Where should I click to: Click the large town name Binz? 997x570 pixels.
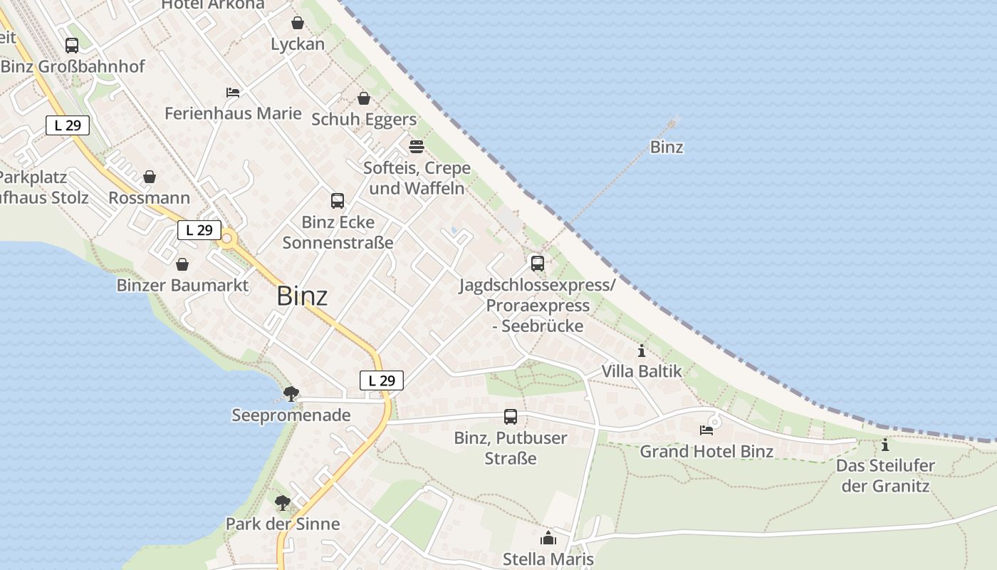302,296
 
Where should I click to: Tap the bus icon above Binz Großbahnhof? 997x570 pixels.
72,46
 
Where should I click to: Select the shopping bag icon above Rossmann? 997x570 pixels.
150,177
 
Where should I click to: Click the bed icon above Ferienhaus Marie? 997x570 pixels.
233,93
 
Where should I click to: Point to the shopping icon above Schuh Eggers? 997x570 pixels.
364,98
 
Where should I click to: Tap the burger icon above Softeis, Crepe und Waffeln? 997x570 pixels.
417,147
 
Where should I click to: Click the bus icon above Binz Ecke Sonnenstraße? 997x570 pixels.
338,201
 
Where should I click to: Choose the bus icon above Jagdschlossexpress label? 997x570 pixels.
538,264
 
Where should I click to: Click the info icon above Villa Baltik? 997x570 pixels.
642,351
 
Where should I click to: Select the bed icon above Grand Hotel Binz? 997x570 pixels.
706,430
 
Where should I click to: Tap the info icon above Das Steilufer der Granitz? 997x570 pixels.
885,445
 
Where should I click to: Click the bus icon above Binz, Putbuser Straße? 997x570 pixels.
511,417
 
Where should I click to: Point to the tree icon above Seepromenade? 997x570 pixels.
291,393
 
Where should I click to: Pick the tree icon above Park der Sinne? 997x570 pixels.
283,503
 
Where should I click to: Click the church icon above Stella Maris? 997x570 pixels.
548,538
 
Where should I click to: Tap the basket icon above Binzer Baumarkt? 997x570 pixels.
182,264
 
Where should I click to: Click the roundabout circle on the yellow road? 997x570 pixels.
228,239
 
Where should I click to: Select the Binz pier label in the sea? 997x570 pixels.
667,147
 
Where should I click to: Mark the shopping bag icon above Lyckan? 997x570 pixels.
298,24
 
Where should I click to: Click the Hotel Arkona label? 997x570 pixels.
213,4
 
